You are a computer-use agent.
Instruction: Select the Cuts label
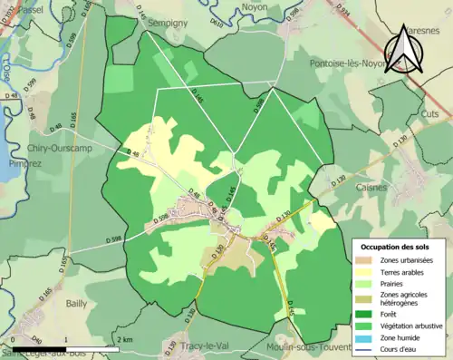click(429, 114)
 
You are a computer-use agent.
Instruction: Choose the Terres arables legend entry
click(400, 273)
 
